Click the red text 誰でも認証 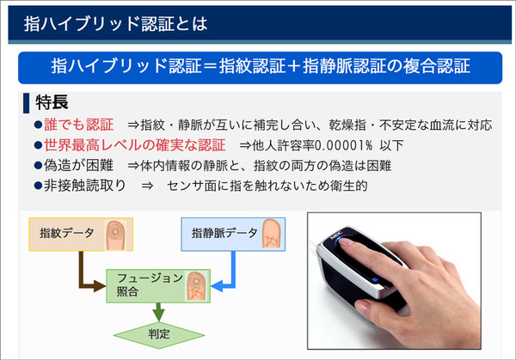pyautogui.click(x=78, y=125)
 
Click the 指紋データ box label pyautogui.click(x=67, y=232)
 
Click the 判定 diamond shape pyautogui.click(x=157, y=333)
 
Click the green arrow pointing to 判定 pyautogui.click(x=157, y=308)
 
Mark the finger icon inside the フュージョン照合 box pyautogui.click(x=195, y=283)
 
